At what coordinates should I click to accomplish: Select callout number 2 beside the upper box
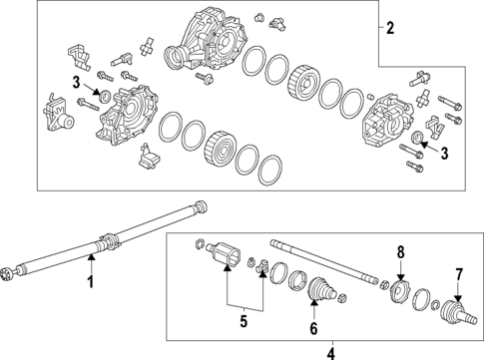(391, 27)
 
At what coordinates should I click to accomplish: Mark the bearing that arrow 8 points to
(399, 293)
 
